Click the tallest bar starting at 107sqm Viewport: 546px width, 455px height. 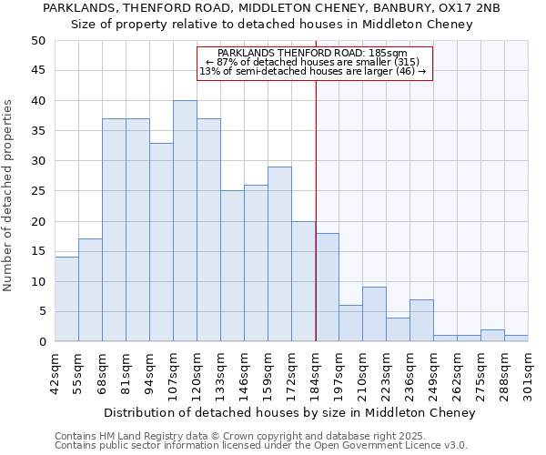click(x=185, y=221)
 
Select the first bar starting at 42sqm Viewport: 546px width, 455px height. click(x=66, y=299)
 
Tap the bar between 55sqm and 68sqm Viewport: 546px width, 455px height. click(x=90, y=290)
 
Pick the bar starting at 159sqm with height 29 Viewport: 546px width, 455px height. click(x=279, y=254)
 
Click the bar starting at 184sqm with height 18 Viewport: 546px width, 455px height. click(x=327, y=288)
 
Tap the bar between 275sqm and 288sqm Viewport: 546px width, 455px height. click(x=492, y=336)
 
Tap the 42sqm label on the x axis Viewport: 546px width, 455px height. click(x=56, y=371)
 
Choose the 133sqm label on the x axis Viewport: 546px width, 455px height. click(x=221, y=371)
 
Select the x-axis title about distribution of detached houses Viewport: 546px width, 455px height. click(x=289, y=413)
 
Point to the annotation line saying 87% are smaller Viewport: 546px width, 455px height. click(x=313, y=62)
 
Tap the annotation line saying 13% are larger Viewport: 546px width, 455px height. click(x=313, y=71)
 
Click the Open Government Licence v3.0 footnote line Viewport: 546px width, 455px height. click(x=261, y=445)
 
